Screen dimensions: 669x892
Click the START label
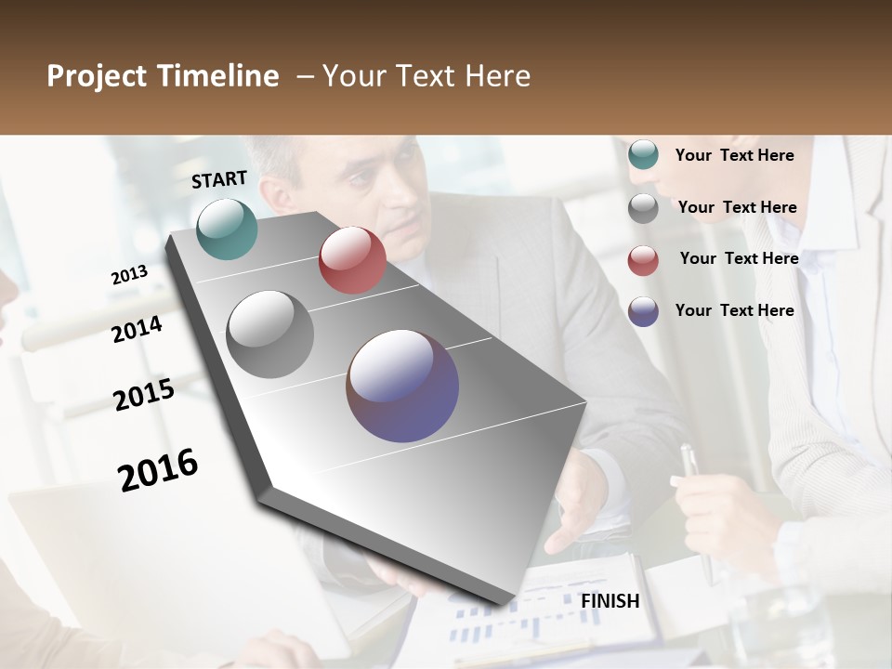[x=219, y=179]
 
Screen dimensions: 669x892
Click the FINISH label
[x=610, y=601]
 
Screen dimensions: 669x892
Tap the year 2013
[x=129, y=275]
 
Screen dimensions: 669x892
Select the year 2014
[x=138, y=329]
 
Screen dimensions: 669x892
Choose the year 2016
[x=158, y=470]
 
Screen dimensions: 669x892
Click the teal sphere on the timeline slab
[x=227, y=229]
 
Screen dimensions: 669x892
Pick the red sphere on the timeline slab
[x=352, y=260]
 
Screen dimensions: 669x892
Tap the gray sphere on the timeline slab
[x=270, y=334]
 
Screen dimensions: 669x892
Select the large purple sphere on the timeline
[x=402, y=386]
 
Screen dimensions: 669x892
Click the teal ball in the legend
[x=643, y=155]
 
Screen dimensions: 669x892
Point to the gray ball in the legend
[x=643, y=208]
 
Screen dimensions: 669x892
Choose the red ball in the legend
[x=643, y=260]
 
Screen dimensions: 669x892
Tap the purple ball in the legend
[x=643, y=311]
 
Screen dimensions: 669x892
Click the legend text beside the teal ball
[x=734, y=155]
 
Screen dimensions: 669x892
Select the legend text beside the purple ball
[x=734, y=310]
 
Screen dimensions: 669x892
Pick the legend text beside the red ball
[x=739, y=258]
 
